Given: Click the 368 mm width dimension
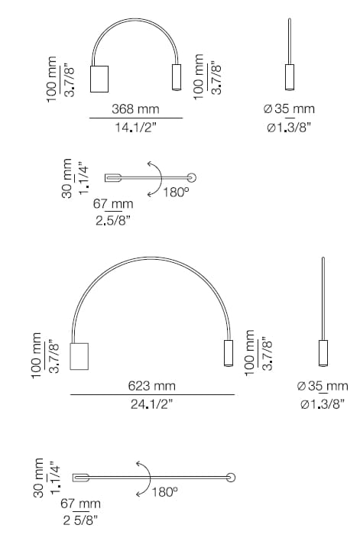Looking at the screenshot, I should coord(135,110).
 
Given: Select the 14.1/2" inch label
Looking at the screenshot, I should coord(135,128).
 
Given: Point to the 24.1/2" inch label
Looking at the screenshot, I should coord(152,404).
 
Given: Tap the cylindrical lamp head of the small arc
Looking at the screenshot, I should coord(175,78).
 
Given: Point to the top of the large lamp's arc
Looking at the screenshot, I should coord(153,260).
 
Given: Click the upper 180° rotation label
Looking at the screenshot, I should coord(176,193).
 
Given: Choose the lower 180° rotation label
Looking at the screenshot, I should coord(164,491).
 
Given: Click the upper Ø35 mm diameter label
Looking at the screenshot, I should coord(289,110).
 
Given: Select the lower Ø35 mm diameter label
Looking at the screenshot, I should coord(322,386).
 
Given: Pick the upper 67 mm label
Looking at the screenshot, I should coord(114,204).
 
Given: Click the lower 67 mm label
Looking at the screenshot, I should coord(80,504).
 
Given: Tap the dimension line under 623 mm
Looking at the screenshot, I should coord(152,395).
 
